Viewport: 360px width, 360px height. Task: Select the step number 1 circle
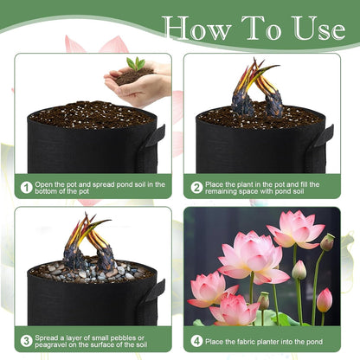click(x=27, y=187)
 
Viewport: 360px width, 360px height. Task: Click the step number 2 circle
click(x=197, y=187)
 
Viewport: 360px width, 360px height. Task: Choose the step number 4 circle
click(x=197, y=340)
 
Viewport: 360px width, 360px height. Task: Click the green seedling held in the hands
click(x=136, y=63)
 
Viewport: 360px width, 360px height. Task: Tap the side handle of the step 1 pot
click(x=157, y=136)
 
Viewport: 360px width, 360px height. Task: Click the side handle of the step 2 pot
click(x=325, y=136)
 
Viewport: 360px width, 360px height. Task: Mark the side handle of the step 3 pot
click(x=157, y=291)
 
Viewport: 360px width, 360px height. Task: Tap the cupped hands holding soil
click(x=138, y=85)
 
